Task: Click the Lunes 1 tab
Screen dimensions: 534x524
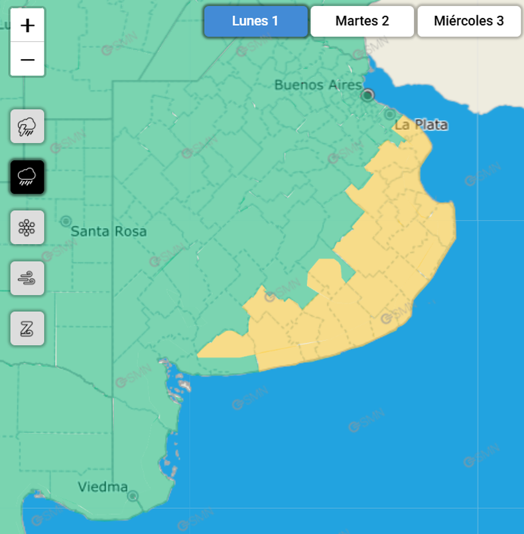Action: click(x=255, y=21)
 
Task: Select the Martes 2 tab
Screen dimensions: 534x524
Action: click(x=362, y=21)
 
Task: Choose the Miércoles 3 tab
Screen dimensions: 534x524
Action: click(x=469, y=21)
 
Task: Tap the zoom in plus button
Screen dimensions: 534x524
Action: click(x=27, y=26)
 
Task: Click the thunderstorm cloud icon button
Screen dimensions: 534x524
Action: click(x=27, y=126)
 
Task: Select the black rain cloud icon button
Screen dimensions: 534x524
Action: click(x=27, y=176)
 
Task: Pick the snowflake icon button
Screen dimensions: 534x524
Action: click(x=27, y=228)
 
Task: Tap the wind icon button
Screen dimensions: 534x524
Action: click(x=27, y=278)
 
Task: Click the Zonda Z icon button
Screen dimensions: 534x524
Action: click(x=27, y=328)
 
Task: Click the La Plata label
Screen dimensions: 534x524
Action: click(x=421, y=125)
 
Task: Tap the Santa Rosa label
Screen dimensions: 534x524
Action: click(x=109, y=232)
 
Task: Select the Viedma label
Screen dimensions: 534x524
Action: click(x=103, y=487)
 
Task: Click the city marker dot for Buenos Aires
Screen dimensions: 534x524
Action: click(x=367, y=95)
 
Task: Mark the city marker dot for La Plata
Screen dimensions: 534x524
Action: click(x=391, y=114)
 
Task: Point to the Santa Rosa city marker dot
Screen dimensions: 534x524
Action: click(x=66, y=221)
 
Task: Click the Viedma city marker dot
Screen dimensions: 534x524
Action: click(x=133, y=496)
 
